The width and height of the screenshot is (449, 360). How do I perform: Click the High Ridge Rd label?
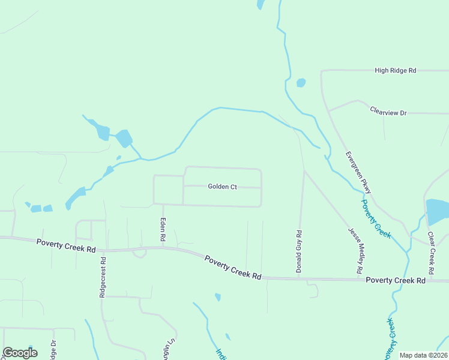pos(395,70)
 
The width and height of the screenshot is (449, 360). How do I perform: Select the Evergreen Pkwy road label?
pos(358,172)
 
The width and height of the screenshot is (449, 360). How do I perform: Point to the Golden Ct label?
pos(223,187)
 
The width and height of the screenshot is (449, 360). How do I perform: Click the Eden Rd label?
pos(163,230)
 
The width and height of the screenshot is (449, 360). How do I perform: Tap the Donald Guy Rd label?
pos(298,251)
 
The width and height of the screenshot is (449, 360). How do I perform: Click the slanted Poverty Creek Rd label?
pos(233,267)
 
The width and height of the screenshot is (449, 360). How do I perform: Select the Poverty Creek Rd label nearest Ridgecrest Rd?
pos(66,245)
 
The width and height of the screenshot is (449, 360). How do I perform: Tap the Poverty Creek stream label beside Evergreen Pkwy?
pos(376,219)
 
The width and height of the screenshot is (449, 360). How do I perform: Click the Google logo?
pos(20,352)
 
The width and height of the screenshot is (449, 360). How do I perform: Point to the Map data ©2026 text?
pos(423,355)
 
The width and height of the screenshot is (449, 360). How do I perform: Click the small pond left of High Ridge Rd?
pos(301,83)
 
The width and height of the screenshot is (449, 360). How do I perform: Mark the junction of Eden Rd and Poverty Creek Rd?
pos(163,247)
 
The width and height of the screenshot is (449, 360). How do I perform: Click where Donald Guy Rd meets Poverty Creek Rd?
pos(298,278)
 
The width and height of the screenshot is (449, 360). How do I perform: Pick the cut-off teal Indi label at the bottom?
pos(220,353)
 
